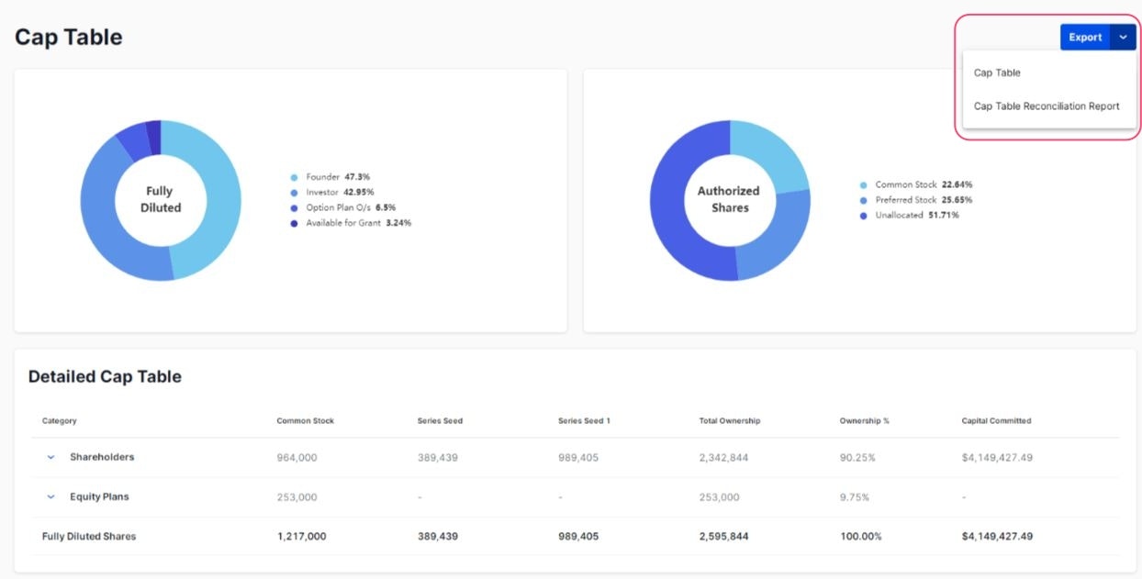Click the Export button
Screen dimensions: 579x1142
1085,38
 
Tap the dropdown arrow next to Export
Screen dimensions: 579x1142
1124,38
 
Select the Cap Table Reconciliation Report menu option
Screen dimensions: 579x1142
1047,106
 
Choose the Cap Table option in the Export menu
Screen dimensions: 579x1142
997,73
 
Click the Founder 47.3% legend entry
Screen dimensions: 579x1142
338,176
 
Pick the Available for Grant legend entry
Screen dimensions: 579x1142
358,223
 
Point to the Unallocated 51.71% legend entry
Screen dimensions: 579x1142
916,215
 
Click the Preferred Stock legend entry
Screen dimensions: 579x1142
924,200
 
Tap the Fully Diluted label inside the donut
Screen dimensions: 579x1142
161,200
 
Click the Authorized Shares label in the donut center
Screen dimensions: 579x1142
729,199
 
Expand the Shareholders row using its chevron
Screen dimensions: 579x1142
51,458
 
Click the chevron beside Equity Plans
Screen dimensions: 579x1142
51,497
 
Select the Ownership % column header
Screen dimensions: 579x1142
865,421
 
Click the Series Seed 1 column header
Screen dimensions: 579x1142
584,421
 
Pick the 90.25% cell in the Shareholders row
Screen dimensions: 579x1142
857,458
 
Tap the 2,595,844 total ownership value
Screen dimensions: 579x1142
723,537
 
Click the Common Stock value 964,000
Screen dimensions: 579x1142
297,458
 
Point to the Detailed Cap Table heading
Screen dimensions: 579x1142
105,377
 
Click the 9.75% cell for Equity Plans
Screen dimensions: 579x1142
855,497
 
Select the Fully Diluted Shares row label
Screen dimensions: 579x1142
89,537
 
